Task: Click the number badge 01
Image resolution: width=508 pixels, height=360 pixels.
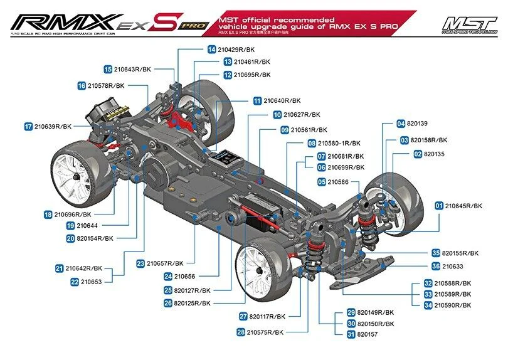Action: pyautogui.click(x=438, y=206)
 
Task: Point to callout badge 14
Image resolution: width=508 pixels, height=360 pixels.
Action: pyautogui.click(x=212, y=49)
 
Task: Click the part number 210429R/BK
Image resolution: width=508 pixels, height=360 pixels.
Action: pyautogui.click(x=238, y=49)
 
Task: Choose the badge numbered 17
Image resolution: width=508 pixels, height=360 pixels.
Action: pyautogui.click(x=28, y=126)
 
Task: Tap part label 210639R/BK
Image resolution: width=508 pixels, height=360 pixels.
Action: pyautogui.click(x=54, y=126)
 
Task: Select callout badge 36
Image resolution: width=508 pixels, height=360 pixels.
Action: pyautogui.click(x=435, y=266)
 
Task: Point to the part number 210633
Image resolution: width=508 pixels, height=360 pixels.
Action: pyautogui.click(x=453, y=266)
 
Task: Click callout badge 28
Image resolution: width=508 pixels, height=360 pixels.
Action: pyautogui.click(x=240, y=332)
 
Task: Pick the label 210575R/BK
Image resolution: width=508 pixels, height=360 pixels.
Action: pyautogui.click(x=265, y=332)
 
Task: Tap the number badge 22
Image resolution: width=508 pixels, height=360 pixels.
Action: pyautogui.click(x=75, y=282)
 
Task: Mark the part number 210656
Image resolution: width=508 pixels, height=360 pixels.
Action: pyautogui.click(x=185, y=276)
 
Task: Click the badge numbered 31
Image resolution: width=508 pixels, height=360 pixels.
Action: pyautogui.click(x=351, y=334)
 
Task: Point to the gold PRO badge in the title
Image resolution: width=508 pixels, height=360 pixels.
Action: pyautogui.click(x=193, y=26)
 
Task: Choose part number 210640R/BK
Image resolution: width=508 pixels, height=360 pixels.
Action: pyautogui.click(x=282, y=100)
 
